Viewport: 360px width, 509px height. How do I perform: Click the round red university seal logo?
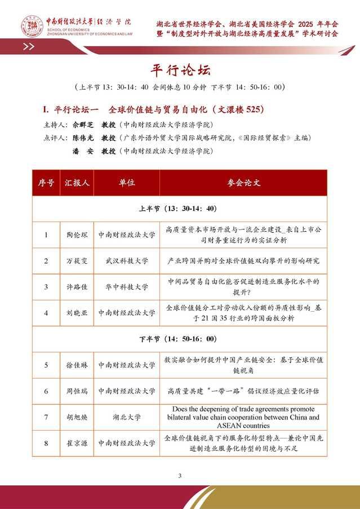[32, 24]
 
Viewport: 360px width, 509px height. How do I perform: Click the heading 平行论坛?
[180, 70]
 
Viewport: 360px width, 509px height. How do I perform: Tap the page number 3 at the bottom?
[180, 476]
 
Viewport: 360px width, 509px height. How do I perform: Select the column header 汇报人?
[77, 183]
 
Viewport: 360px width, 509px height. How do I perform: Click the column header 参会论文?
[243, 183]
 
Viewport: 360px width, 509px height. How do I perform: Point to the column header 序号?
[46, 183]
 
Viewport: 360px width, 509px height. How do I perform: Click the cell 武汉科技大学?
[126, 261]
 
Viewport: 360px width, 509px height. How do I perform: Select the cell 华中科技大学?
[126, 287]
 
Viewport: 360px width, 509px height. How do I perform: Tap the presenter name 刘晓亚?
[77, 312]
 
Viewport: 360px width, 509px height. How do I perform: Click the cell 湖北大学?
[126, 417]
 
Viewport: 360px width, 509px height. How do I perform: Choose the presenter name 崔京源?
[77, 443]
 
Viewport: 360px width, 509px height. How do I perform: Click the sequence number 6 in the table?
[46, 391]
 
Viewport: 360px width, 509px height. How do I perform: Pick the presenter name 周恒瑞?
[77, 391]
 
